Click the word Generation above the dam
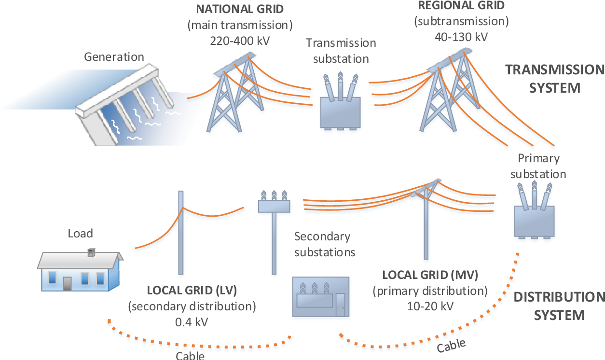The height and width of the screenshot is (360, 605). [114, 57]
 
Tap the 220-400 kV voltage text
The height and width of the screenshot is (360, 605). [240, 41]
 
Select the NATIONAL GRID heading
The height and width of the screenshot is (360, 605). [240, 9]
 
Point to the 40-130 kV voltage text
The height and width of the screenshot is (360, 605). [461, 37]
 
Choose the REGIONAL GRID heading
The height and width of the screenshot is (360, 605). [461, 6]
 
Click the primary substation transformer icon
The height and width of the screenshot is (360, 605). [534, 217]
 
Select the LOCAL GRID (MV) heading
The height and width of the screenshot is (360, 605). [430, 275]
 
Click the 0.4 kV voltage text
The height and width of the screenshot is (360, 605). [192, 322]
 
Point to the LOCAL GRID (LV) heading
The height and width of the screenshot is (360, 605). [192, 290]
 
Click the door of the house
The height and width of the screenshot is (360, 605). [68, 283]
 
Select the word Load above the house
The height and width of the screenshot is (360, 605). [80, 234]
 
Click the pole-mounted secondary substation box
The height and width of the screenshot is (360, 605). [274, 206]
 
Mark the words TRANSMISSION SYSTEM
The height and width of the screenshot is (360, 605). [554, 79]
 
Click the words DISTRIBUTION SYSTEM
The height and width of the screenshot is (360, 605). [559, 306]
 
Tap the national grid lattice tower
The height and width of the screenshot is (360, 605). [233, 101]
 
